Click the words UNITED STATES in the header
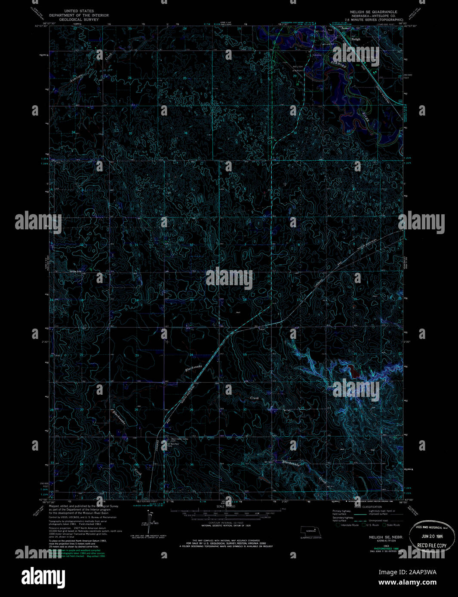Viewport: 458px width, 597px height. click(79, 11)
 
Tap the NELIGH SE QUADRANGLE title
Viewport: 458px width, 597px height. click(374, 12)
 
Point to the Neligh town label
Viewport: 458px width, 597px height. click(356, 39)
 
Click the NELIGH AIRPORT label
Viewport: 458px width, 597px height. click(298, 69)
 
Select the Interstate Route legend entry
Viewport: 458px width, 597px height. click(349, 525)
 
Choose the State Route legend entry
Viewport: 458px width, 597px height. click(392, 525)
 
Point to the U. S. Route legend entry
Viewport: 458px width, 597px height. click(372, 525)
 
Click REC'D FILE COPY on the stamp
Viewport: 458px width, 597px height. click(435, 546)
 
